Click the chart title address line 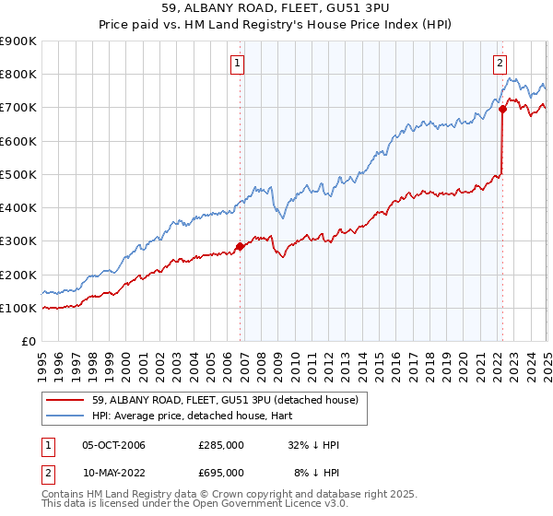[276, 11]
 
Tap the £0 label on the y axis [29, 342]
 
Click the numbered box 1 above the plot [238, 64]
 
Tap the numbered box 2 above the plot [500, 64]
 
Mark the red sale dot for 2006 [240, 246]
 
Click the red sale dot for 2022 [502, 109]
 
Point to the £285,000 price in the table [220, 446]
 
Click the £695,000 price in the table [220, 472]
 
